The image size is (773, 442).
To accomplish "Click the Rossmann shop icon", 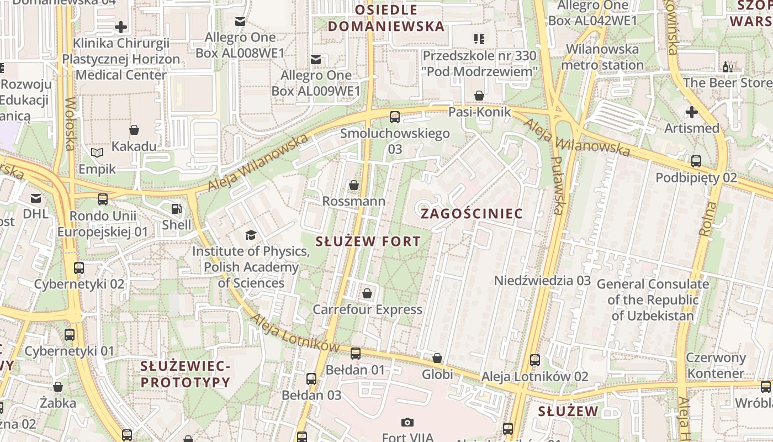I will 354,185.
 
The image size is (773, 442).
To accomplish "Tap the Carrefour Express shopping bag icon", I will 367,293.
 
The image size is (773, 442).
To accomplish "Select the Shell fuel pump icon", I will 176,209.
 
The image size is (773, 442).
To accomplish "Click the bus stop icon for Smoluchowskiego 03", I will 394,117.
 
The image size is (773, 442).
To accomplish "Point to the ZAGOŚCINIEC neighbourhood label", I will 472,213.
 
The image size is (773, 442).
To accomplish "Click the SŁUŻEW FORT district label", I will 368,241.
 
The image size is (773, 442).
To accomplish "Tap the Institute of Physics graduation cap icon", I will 251,235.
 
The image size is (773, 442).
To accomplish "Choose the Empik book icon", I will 97,152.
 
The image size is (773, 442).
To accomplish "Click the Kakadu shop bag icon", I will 134,130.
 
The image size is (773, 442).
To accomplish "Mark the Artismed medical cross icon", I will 691,112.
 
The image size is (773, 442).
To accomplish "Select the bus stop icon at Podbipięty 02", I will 696,161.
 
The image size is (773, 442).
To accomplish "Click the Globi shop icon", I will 437,358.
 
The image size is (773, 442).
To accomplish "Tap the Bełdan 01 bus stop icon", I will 356,353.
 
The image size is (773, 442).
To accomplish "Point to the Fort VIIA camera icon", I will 407,423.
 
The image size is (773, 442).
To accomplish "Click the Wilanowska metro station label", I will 602,57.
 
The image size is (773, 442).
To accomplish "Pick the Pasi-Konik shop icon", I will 479,96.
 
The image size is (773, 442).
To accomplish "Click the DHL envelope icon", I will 36,198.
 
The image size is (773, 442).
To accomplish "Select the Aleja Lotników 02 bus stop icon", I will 534,360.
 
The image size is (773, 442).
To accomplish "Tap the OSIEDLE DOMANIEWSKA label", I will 386,18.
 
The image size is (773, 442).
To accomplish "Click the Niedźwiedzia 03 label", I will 542,280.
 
